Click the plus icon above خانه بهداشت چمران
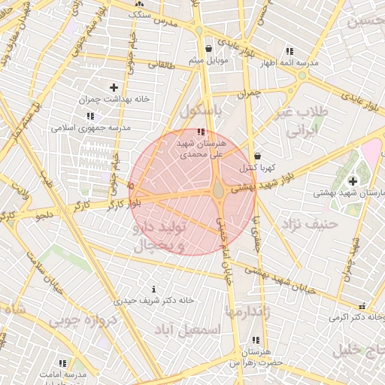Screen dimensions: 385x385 click(114, 88)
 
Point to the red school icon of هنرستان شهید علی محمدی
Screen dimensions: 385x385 click(200, 132)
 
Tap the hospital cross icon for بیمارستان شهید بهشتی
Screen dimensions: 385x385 click(353, 181)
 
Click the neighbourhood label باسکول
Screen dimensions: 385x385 click(202, 111)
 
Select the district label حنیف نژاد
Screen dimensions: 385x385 click(308, 223)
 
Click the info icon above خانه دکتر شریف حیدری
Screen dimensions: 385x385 click(154, 289)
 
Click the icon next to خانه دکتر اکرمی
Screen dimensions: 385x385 click(362, 306)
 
